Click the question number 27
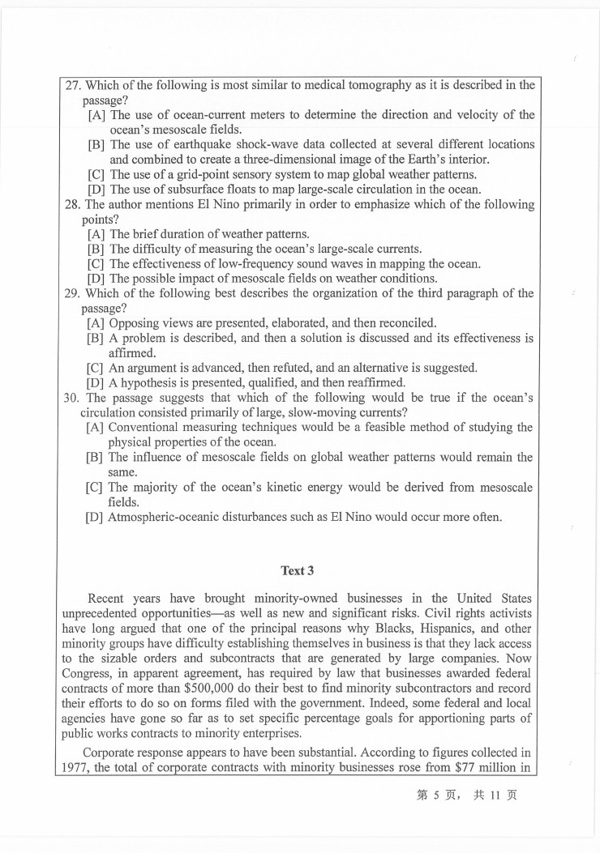coord(73,85)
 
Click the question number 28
coord(72,205)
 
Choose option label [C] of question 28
coord(96,263)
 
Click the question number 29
coord(73,293)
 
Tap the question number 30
coord(73,398)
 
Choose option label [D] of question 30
coord(96,517)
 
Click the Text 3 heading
coord(298,570)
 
